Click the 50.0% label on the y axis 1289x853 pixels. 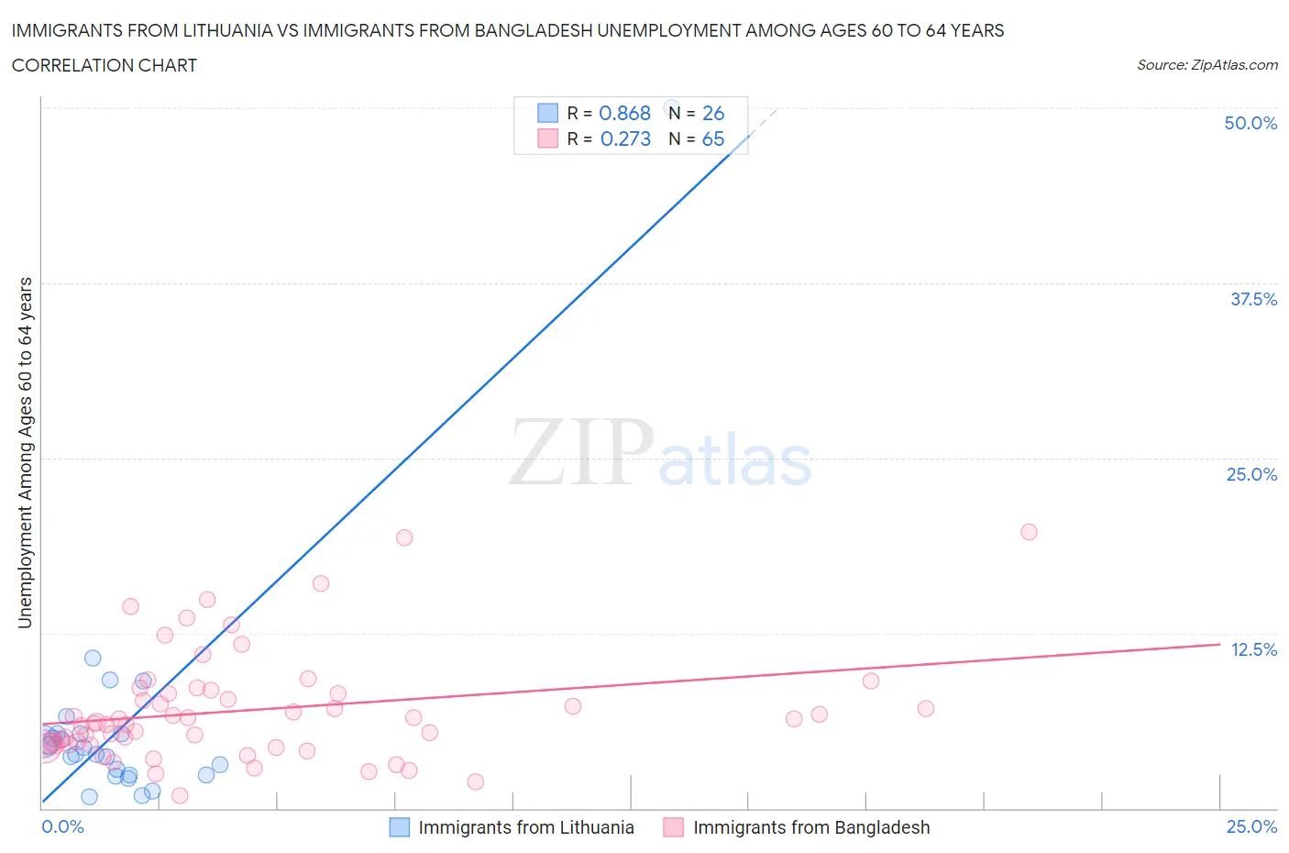(x=1250, y=123)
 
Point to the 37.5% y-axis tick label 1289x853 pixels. (x=1252, y=299)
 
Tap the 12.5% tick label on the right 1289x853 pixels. (x=1253, y=649)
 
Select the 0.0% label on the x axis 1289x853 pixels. (x=62, y=826)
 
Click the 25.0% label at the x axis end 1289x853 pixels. (x=1251, y=826)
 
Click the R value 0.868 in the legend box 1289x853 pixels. (x=624, y=113)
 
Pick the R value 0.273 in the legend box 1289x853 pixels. (x=625, y=138)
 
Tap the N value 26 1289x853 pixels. (x=713, y=113)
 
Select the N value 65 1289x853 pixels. (x=713, y=138)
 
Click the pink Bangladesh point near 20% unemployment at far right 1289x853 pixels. (x=1029, y=532)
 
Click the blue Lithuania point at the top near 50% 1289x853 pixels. (x=670, y=107)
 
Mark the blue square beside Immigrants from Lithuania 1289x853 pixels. (x=400, y=827)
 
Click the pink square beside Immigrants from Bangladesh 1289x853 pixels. (x=674, y=827)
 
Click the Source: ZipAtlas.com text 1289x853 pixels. (x=1206, y=64)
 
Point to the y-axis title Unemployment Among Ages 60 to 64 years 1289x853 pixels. (x=25, y=453)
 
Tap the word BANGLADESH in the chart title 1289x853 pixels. (x=532, y=30)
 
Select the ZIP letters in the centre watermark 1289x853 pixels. (x=581, y=452)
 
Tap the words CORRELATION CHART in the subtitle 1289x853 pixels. (x=104, y=65)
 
